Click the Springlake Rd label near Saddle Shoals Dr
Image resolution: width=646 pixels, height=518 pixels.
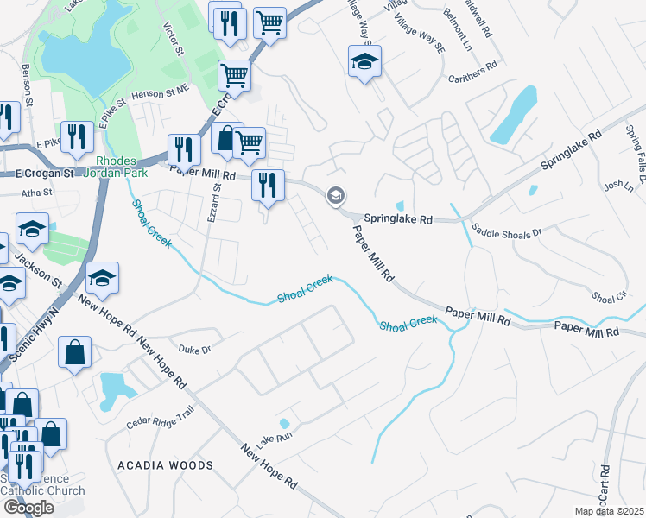396,220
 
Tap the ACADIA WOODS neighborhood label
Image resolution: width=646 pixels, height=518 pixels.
165,465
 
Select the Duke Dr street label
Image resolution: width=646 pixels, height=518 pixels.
194,350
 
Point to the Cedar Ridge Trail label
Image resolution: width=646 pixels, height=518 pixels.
161,422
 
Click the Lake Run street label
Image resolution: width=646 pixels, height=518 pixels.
275,439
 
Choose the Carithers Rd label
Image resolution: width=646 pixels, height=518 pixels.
472,66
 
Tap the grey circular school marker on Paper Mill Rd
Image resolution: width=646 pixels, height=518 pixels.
335,197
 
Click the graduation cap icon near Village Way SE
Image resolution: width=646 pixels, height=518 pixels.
364,61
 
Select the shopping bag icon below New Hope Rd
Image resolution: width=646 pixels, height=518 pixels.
75,351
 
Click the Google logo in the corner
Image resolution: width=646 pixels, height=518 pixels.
28,508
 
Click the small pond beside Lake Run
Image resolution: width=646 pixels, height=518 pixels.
284,423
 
